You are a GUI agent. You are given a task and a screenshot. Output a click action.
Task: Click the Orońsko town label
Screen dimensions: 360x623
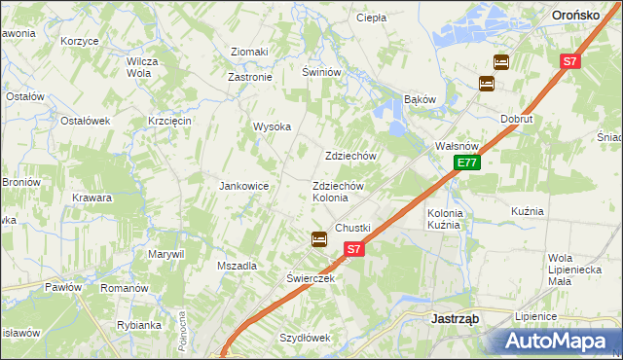pyautogui.click(x=582, y=16)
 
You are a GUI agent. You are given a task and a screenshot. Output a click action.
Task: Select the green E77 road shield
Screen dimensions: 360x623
pyautogui.click(x=466, y=162)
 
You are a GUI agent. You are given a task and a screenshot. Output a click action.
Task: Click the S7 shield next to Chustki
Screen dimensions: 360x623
pyautogui.click(x=353, y=249)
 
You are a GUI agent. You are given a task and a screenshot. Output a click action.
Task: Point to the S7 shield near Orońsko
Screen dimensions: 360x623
pyautogui.click(x=570, y=61)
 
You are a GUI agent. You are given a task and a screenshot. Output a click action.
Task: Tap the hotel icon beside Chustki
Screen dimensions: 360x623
pyautogui.click(x=318, y=239)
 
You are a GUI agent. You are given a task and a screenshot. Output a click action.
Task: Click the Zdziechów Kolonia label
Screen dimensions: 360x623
pyautogui.click(x=338, y=192)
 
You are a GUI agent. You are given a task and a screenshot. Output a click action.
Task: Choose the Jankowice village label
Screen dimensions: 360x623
pyautogui.click(x=243, y=186)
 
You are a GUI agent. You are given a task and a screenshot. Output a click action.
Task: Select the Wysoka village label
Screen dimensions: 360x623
pyautogui.click(x=273, y=126)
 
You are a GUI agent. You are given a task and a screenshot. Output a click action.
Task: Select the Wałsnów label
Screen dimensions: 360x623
pyautogui.click(x=454, y=146)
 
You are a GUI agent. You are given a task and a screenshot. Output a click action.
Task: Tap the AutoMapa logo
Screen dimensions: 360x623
pyautogui.click(x=555, y=341)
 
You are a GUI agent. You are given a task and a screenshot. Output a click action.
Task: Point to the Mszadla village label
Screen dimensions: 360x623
pyautogui.click(x=237, y=266)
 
